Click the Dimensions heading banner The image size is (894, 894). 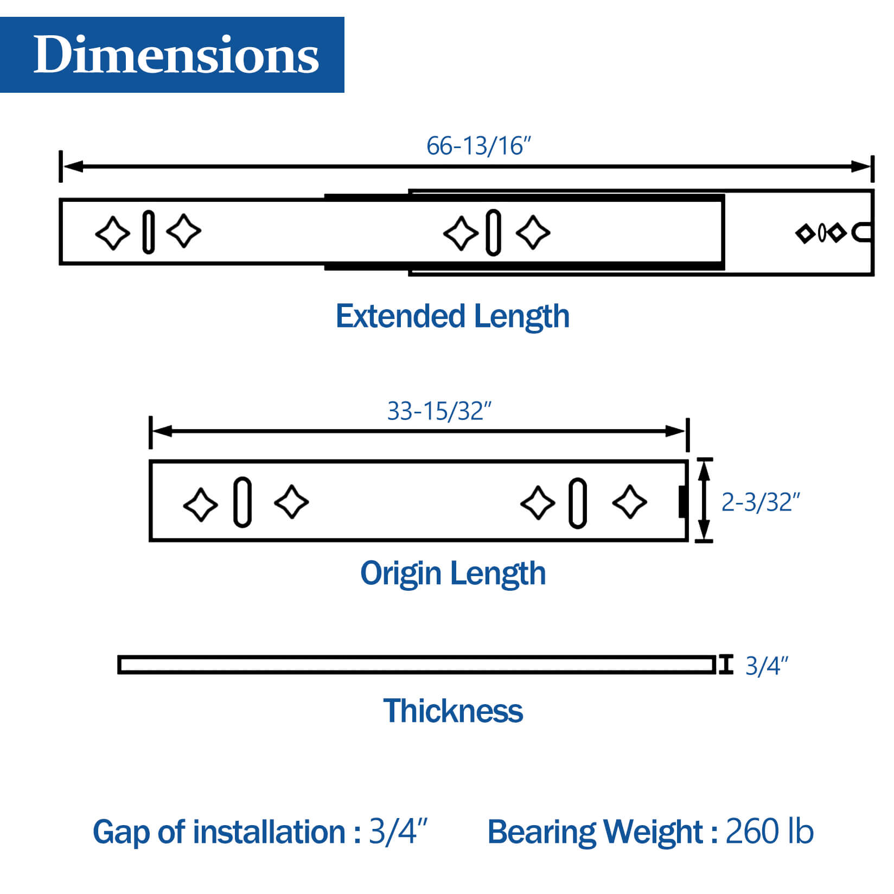(x=172, y=55)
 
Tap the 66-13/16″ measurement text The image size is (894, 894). (x=478, y=146)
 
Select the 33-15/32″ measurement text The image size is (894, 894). (x=439, y=411)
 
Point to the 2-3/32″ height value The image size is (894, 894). (x=760, y=502)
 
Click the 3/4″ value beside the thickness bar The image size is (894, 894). (x=766, y=666)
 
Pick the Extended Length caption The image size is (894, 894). (x=452, y=316)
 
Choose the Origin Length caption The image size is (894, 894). (x=452, y=573)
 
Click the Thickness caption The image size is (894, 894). (x=452, y=711)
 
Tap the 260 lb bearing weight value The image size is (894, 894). (x=769, y=831)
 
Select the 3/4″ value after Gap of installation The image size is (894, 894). (x=398, y=831)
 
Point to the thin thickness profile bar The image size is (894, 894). (x=416, y=665)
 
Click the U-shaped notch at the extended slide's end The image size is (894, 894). (x=862, y=233)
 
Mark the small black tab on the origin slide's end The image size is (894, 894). (x=683, y=502)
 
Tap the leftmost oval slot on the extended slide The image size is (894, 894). (x=148, y=232)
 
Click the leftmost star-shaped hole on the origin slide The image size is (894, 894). (x=200, y=505)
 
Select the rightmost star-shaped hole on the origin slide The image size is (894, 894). (x=629, y=502)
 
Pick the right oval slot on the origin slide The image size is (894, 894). (x=577, y=503)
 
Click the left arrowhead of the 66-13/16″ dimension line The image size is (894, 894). (x=73, y=166)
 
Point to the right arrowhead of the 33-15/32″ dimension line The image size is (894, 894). (x=676, y=431)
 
